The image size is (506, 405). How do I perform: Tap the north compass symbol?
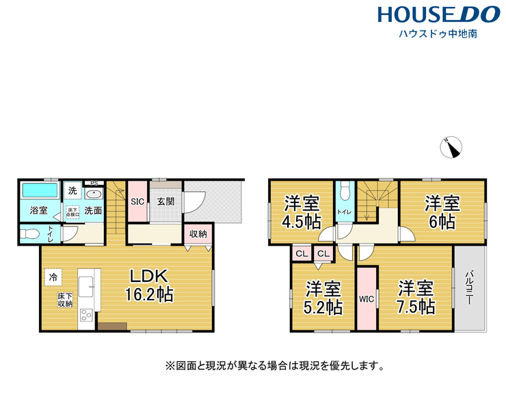tap(452, 147)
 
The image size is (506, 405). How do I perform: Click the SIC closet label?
tap(137, 201)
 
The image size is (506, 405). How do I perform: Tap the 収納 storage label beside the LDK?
tap(198, 234)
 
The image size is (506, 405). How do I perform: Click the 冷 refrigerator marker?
tap(53, 277)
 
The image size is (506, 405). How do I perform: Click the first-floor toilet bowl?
tap(31, 235)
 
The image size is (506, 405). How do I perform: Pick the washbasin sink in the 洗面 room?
tap(93, 194)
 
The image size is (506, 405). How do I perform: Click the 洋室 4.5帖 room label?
tap(302, 212)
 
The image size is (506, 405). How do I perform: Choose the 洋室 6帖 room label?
tap(442, 212)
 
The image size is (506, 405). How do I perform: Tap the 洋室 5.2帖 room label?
tap(323, 298)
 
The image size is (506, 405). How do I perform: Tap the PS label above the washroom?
tap(94, 183)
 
